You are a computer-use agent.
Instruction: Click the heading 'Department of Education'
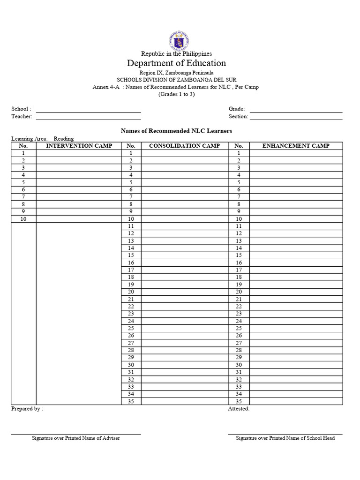point(176,63)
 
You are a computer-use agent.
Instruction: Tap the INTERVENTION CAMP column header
point(79,146)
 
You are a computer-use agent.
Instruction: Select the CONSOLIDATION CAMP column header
point(184,146)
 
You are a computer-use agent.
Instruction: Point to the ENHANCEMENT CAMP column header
point(296,146)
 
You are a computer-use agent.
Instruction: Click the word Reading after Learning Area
point(64,139)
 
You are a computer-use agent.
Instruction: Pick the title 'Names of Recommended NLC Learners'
point(176,131)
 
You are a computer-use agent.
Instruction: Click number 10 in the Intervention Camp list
point(23,219)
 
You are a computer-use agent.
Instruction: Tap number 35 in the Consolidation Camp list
point(131,401)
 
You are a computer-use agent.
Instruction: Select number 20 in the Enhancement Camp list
point(239,292)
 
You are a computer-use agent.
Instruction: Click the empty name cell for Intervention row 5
point(79,182)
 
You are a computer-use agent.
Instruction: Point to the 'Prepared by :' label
point(27,409)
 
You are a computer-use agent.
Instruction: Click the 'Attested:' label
point(239,409)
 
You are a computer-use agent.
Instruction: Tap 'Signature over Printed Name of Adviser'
point(75,438)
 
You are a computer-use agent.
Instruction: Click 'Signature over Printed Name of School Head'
point(285,438)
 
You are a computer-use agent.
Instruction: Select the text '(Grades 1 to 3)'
point(176,94)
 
